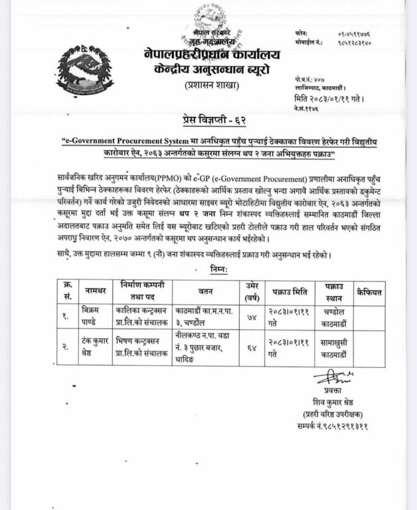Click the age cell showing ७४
pos(249,314)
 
